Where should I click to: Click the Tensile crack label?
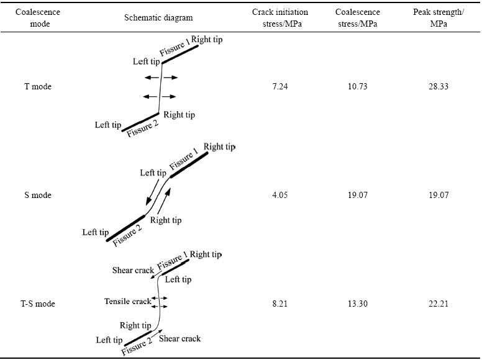[127, 302]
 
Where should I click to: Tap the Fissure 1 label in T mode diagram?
[173, 49]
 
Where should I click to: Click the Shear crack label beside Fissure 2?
[180, 339]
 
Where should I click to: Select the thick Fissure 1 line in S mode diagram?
[189, 164]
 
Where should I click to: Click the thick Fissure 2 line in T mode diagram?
[142, 122]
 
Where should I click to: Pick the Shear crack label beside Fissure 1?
[133, 271]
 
